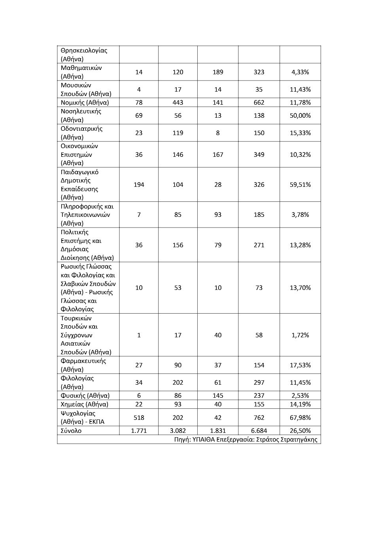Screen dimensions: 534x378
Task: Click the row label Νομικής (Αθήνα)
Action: tap(85, 102)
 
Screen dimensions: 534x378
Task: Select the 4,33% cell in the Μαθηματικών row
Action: tap(300, 72)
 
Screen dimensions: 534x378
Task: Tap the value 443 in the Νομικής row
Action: tap(178, 102)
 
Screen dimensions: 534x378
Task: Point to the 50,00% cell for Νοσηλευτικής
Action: tap(300, 115)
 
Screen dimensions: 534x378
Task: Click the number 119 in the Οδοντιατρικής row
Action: tap(178, 133)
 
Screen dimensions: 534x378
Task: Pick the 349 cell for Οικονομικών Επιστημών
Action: tap(259, 154)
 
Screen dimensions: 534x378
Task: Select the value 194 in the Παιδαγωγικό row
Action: tap(139, 184)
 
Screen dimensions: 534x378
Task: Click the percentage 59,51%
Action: tap(300, 184)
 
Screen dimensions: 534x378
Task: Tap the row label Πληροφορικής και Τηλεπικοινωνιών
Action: tap(87, 214)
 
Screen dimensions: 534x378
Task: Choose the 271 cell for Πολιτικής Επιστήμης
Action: tap(259, 245)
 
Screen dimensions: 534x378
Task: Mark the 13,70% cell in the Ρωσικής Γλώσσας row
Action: tap(300, 288)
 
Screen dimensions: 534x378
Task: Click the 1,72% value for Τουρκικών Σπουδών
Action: tap(300, 335)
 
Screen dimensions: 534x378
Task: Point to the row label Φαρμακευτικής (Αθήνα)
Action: tap(83, 365)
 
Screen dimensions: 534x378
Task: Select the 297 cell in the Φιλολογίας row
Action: tap(259, 382)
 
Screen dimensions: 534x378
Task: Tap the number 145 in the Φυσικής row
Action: tap(218, 395)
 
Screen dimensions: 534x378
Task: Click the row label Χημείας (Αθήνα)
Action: tap(84, 404)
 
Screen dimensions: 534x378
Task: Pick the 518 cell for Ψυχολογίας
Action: tap(139, 417)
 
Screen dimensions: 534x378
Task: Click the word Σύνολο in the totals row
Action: tap(71, 431)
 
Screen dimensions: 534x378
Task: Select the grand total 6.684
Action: tap(259, 431)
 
